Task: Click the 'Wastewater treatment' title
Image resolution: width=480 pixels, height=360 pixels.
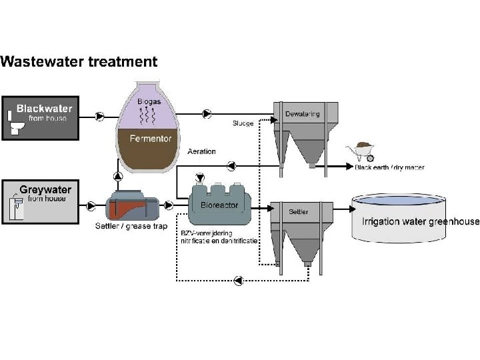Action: pyautogui.click(x=79, y=62)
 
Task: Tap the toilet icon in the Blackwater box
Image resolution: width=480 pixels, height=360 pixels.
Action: pyautogui.click(x=15, y=121)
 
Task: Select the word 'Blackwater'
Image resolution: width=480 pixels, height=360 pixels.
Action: pyautogui.click(x=44, y=108)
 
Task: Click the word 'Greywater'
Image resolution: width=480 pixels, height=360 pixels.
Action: pyautogui.click(x=45, y=189)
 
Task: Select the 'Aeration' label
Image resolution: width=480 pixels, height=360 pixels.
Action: pyautogui.click(x=202, y=151)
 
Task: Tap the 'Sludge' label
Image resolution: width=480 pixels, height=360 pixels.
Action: pyautogui.click(x=243, y=124)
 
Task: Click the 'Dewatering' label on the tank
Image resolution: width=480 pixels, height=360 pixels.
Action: pyautogui.click(x=302, y=114)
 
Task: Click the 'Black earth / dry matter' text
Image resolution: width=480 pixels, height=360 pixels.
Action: pyautogui.click(x=389, y=167)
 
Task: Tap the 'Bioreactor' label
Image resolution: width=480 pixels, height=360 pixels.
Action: pyautogui.click(x=219, y=205)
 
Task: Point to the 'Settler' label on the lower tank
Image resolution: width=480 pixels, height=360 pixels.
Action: pyautogui.click(x=298, y=212)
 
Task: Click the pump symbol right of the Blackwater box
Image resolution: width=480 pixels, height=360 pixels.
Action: pyautogui.click(x=100, y=116)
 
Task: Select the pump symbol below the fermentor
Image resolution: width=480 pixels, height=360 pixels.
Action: pyautogui.click(x=119, y=176)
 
